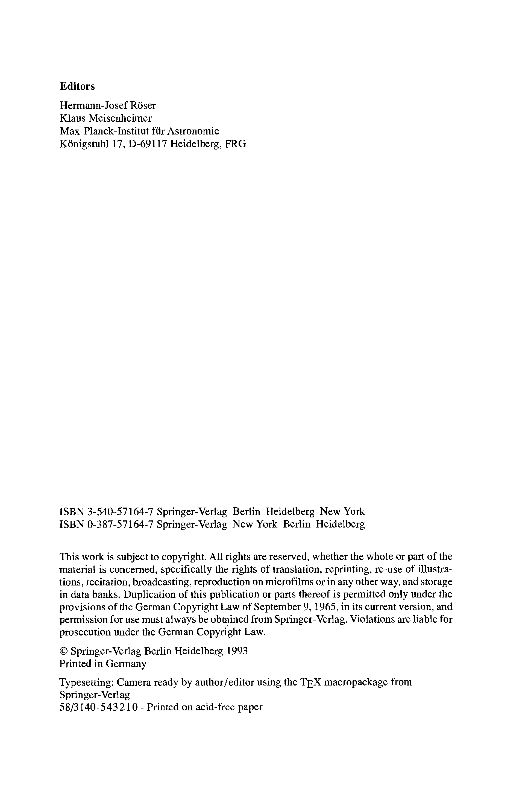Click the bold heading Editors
(x=77, y=86)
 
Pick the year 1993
(x=237, y=651)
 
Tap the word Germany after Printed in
(x=126, y=664)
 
